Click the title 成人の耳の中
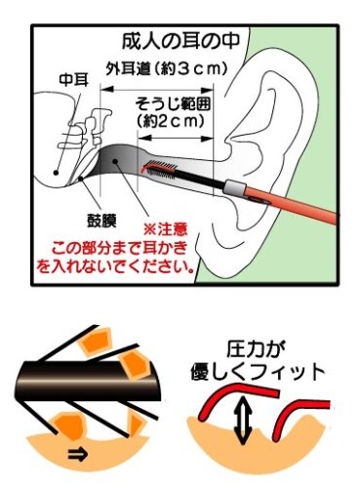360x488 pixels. point(180,41)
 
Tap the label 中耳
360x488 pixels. point(73,80)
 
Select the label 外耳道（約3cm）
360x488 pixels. point(166,68)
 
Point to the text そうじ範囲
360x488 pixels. point(173,104)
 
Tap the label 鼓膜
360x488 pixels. point(101,221)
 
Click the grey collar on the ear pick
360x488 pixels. point(234,188)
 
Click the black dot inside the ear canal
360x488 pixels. point(114,161)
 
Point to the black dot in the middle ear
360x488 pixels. point(56,173)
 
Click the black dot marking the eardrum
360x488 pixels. point(81,178)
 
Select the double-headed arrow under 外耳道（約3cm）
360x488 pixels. point(157,89)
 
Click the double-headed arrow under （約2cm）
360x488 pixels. point(176,139)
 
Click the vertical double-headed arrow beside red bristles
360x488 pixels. point(245,415)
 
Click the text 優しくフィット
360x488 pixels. point(258,372)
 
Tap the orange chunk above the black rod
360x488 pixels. point(97,344)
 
